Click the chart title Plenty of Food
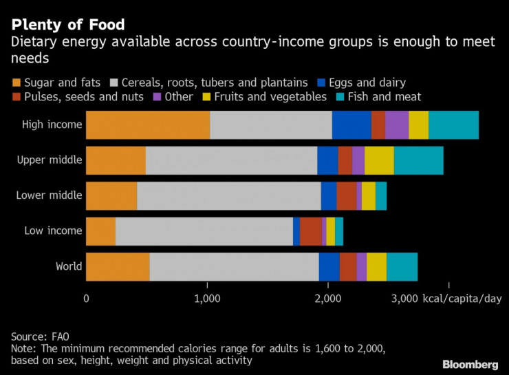[67, 25]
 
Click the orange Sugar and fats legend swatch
[16, 83]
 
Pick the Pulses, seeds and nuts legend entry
[83, 97]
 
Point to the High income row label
[52, 125]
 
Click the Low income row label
[53, 231]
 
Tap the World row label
[69, 266]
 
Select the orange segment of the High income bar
[147, 125]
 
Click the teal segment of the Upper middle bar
[418, 160]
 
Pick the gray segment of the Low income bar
[204, 231]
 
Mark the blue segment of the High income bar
[351, 125]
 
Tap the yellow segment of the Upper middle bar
[379, 160]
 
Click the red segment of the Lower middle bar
[346, 195]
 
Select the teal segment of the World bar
[402, 266]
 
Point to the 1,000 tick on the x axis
[207, 299]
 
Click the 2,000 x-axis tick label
[328, 299]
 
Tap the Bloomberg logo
[470, 363]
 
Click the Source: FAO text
[40, 336]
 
